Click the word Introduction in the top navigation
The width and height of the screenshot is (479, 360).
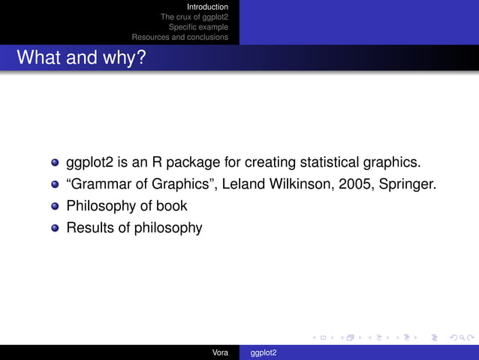tap(207, 7)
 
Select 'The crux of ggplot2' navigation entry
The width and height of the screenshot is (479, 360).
tap(194, 17)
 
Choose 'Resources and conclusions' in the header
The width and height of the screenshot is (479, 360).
tap(180, 37)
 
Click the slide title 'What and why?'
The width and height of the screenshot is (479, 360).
tap(80, 57)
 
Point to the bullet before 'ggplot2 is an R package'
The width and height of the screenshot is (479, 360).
tap(55, 162)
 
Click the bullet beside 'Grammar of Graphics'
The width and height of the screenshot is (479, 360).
tap(55, 184)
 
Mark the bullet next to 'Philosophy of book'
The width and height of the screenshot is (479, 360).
tap(55, 206)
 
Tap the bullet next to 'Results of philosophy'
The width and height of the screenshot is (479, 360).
tap(55, 228)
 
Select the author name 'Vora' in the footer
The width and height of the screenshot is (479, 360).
tap(221, 352)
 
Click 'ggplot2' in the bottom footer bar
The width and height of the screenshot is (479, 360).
tap(264, 352)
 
